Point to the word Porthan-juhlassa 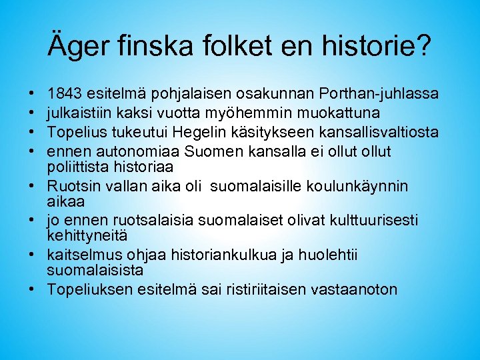[x=379, y=91]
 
